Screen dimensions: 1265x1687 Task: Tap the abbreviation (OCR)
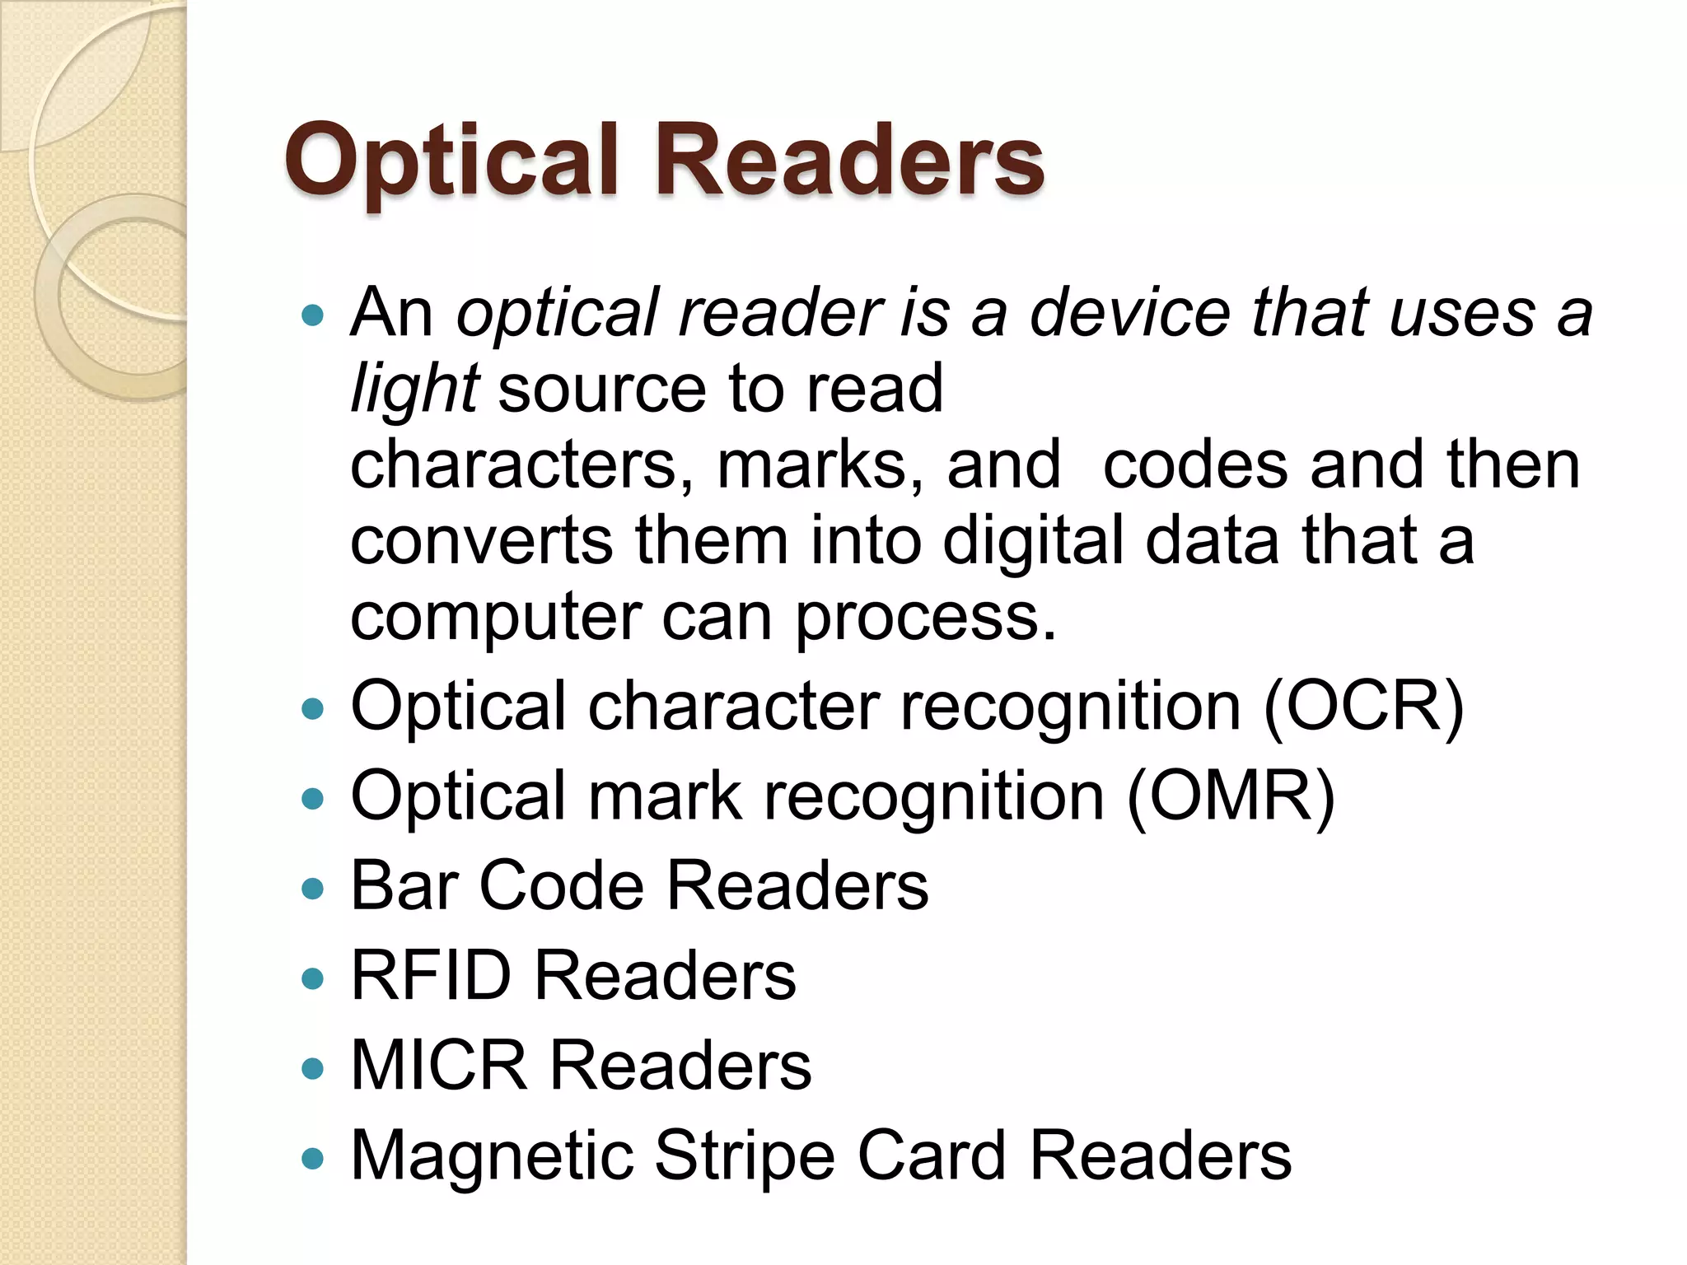[1363, 707]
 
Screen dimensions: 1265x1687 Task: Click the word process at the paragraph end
[924, 617]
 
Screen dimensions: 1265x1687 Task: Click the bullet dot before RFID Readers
[313, 978]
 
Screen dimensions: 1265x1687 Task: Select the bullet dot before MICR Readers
[313, 1069]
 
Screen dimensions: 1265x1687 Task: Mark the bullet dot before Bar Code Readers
[313, 889]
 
